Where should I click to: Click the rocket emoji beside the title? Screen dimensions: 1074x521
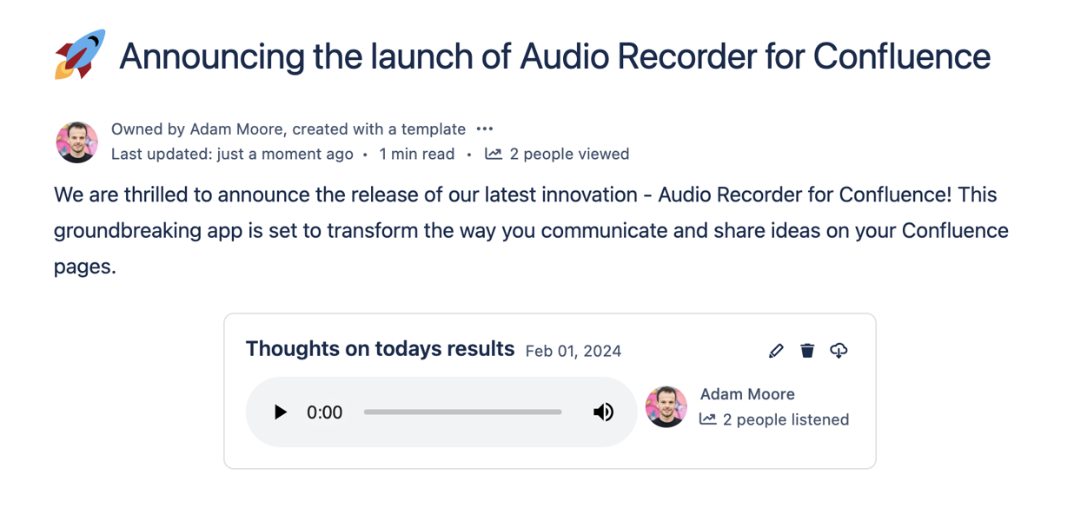(x=80, y=54)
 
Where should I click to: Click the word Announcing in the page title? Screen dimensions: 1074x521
(x=212, y=57)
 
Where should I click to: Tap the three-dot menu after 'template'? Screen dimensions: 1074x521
(x=485, y=129)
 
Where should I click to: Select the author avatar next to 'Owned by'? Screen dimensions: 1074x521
(x=77, y=142)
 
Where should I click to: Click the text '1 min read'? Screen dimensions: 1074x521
(x=417, y=154)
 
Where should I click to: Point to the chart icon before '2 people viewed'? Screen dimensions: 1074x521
(x=494, y=154)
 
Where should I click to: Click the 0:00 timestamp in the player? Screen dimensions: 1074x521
(x=325, y=412)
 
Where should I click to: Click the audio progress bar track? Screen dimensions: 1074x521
(x=462, y=412)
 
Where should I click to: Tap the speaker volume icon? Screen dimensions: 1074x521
(x=603, y=412)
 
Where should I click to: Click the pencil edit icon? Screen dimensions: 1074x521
(x=776, y=351)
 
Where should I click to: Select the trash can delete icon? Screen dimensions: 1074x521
(x=807, y=351)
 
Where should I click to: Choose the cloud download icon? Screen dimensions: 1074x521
(x=839, y=351)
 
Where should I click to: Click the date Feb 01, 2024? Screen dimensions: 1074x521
(x=573, y=352)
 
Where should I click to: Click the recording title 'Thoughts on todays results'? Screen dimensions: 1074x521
(x=381, y=349)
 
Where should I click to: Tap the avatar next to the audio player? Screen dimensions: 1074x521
(x=666, y=407)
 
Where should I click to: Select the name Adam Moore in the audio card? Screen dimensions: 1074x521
(x=747, y=394)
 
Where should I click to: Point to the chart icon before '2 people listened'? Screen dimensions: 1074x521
(x=707, y=419)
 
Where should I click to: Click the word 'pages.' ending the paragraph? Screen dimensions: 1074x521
(x=85, y=267)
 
